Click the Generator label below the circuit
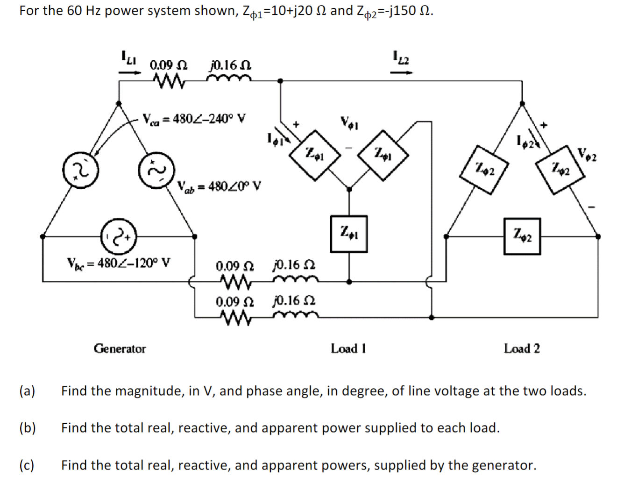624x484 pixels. tap(120, 349)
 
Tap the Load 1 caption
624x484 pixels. tap(348, 349)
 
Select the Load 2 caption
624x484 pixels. tap(522, 349)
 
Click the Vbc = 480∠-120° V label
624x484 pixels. tap(119, 261)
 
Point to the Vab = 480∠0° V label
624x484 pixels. tap(219, 186)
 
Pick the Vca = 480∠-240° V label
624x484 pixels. tap(194, 118)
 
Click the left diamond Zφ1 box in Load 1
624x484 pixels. tap(314, 153)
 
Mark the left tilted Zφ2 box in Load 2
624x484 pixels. tap(484, 168)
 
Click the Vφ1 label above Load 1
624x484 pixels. tap(348, 124)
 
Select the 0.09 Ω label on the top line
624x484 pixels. tap(168, 65)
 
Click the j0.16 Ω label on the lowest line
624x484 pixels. tap(293, 300)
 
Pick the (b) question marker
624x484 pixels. tap(28, 428)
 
